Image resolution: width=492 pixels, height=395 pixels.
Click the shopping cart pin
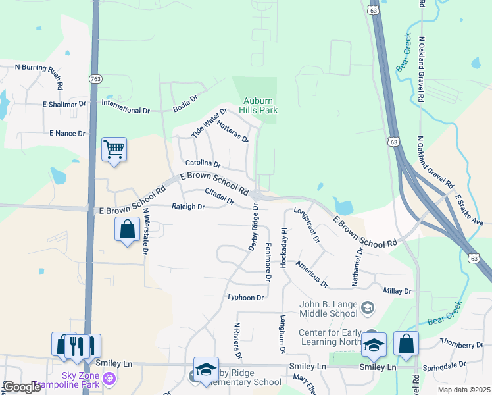tap(114, 149)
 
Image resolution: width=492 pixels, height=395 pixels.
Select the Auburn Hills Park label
tap(258, 106)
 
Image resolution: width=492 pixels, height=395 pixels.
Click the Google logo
tap(21, 387)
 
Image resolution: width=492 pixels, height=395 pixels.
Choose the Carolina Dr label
tap(203, 163)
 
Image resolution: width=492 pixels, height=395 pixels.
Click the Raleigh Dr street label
tap(188, 207)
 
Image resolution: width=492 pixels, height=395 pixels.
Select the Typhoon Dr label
tap(245, 298)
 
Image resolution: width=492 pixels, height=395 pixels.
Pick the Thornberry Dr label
tap(462, 344)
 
